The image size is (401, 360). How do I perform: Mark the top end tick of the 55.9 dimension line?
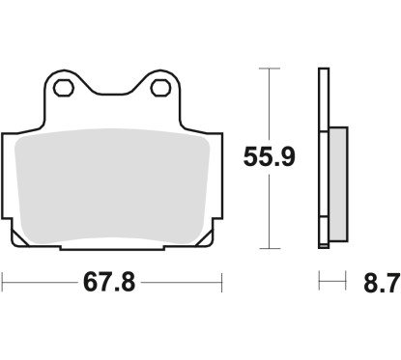pyautogui.click(x=270, y=69)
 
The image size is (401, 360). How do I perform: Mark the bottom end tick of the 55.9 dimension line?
pyautogui.click(x=270, y=250)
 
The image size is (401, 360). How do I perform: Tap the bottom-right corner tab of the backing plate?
pyautogui.click(x=204, y=236)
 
